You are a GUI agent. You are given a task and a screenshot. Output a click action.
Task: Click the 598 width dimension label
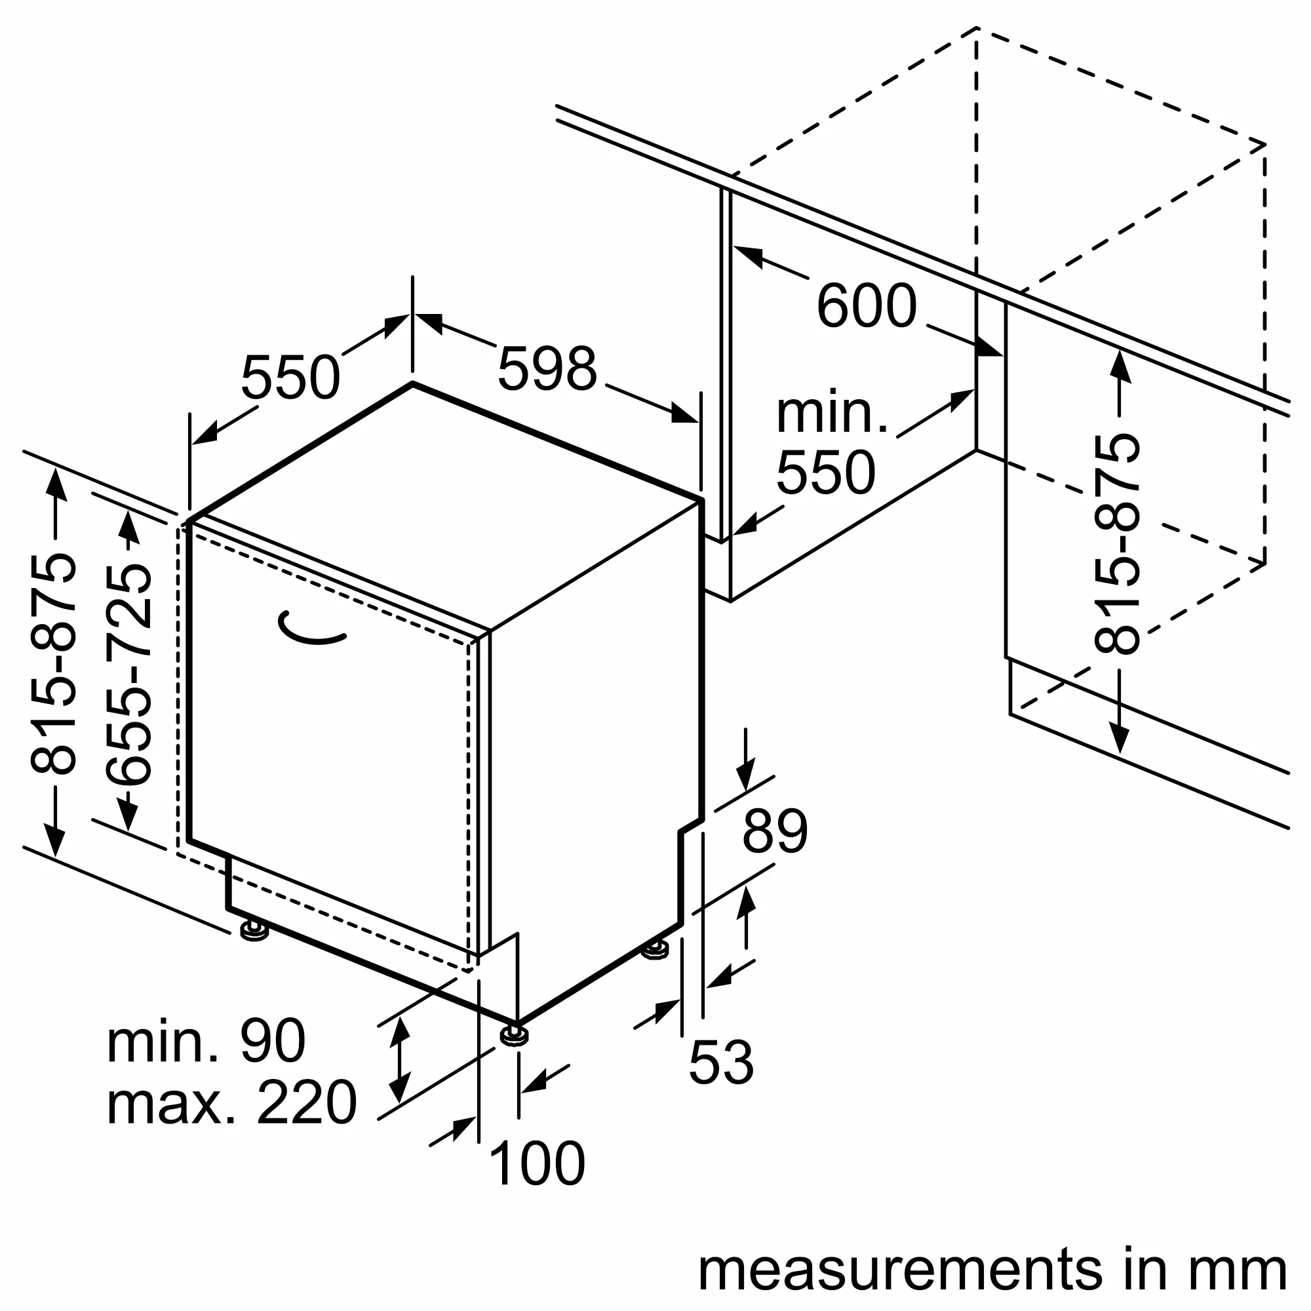tap(547, 370)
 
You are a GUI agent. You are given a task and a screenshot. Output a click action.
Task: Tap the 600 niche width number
tap(866, 307)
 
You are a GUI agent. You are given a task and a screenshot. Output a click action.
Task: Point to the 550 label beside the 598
tap(290, 378)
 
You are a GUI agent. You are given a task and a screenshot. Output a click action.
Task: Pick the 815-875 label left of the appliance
tap(53, 665)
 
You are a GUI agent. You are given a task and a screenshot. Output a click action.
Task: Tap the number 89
tap(775, 831)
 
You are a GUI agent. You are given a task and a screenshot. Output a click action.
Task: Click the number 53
tap(720, 1063)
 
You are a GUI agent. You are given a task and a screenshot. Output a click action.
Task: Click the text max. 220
tap(231, 1103)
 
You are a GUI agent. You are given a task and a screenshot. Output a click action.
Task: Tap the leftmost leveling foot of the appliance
tap(254, 931)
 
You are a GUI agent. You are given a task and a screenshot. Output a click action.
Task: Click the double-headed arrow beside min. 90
tap(401, 1069)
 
